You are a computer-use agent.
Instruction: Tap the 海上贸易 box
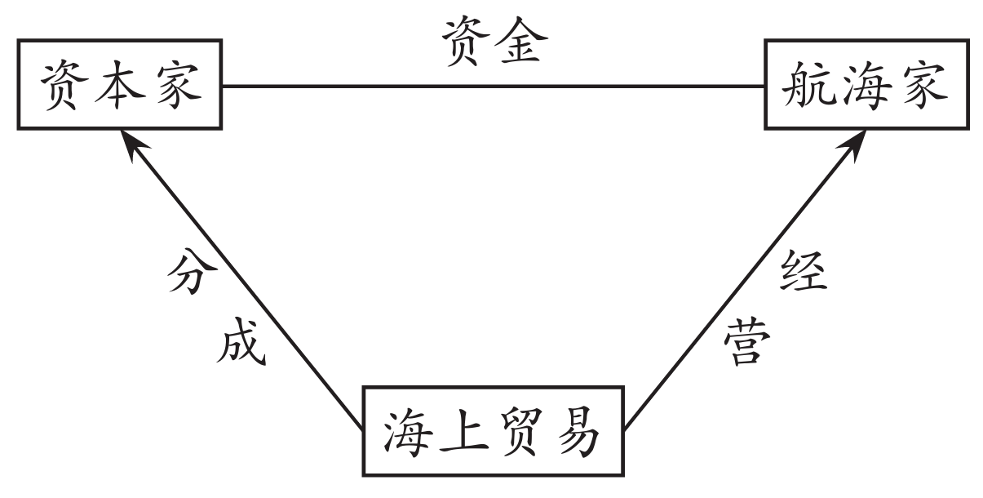[492, 432]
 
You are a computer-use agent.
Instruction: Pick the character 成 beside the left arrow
[241, 345]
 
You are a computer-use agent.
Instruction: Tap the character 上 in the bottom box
[463, 433]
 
